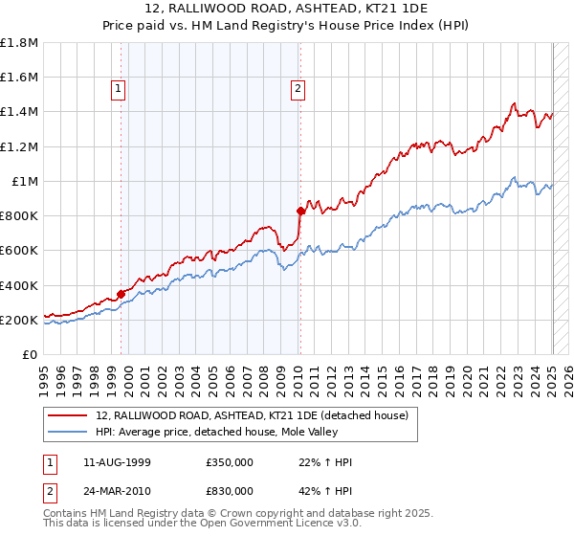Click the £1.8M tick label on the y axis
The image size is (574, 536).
(19, 43)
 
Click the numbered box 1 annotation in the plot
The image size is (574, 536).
(118, 89)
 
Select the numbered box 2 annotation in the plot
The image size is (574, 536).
(298, 89)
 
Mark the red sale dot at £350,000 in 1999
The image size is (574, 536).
(121, 294)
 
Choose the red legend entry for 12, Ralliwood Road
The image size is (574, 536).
(253, 415)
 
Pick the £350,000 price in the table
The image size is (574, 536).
(230, 462)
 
